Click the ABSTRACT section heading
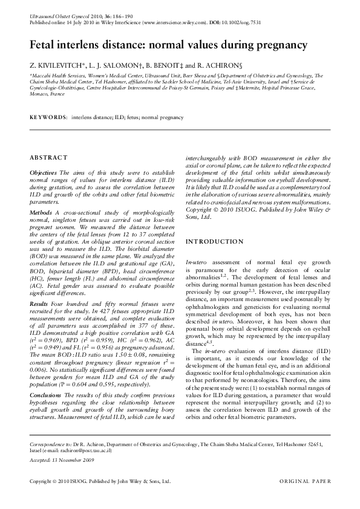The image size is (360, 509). pyautogui.click(x=48, y=158)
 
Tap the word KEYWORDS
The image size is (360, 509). pyautogui.click(x=48, y=115)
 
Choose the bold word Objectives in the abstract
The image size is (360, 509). pyautogui.click(x=43, y=172)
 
